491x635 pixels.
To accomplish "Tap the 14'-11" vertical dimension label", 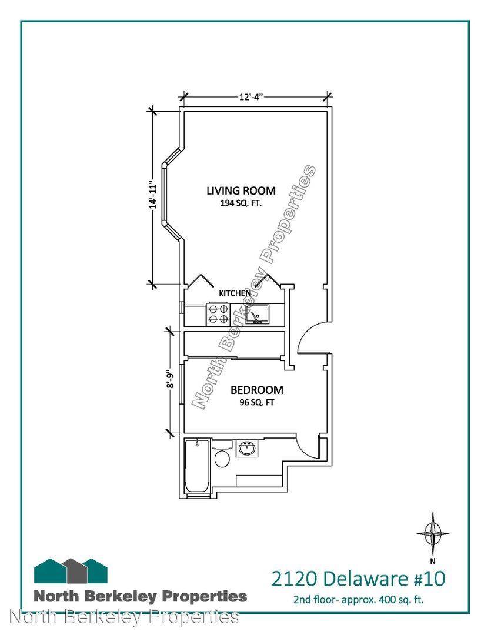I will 154,194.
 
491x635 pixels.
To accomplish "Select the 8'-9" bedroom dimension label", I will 171,382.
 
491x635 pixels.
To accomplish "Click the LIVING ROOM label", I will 241,190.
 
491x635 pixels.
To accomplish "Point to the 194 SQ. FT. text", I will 241,203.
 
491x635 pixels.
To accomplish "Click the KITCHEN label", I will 235,293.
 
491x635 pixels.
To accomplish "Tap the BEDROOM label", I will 256,390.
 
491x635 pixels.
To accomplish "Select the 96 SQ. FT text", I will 256,403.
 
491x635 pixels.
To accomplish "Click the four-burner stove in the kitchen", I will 218,314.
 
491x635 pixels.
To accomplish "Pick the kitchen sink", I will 257,315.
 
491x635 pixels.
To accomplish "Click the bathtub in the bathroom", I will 195,466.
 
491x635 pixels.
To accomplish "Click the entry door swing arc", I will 308,335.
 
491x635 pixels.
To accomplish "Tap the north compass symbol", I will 433,533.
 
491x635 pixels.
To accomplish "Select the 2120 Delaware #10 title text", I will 355,579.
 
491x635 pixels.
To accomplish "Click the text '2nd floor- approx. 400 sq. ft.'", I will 359,600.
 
